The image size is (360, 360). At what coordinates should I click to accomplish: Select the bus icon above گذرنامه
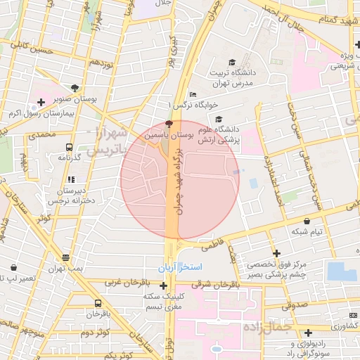point(69,148)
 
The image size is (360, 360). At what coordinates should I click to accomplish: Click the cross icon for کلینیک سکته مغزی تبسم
point(164,285)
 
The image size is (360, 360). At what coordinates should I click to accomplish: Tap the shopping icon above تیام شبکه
point(307,221)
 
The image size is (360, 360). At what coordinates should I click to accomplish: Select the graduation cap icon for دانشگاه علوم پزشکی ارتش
point(218,120)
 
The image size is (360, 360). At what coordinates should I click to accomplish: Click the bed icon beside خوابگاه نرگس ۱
point(193,96)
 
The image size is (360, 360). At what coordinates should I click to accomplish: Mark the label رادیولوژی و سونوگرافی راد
point(309,349)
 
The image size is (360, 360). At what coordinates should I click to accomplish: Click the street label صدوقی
point(295,306)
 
